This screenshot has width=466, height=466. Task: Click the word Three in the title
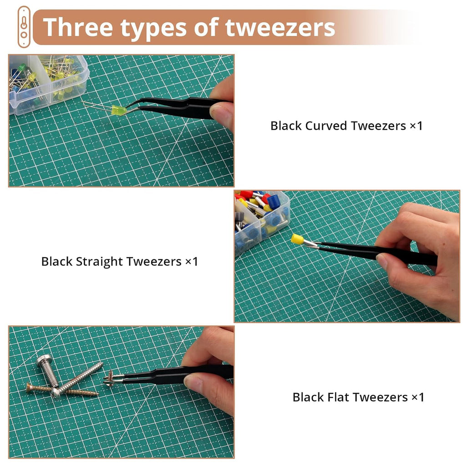[78, 27]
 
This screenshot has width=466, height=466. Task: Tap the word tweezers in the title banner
[280, 28]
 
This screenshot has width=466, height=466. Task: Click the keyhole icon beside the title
[24, 27]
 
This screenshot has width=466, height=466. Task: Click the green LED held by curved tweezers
[119, 110]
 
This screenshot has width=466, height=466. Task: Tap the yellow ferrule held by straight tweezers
[297, 239]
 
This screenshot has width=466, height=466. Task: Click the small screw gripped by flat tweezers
[110, 378]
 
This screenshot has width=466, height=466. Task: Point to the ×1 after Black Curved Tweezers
[416, 126]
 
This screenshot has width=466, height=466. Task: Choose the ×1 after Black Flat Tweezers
[418, 397]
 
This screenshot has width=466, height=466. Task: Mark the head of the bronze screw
[29, 388]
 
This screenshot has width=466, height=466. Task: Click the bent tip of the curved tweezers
[127, 109]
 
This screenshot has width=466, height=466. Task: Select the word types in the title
[153, 29]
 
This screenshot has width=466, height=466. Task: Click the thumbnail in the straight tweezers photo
[383, 261]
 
